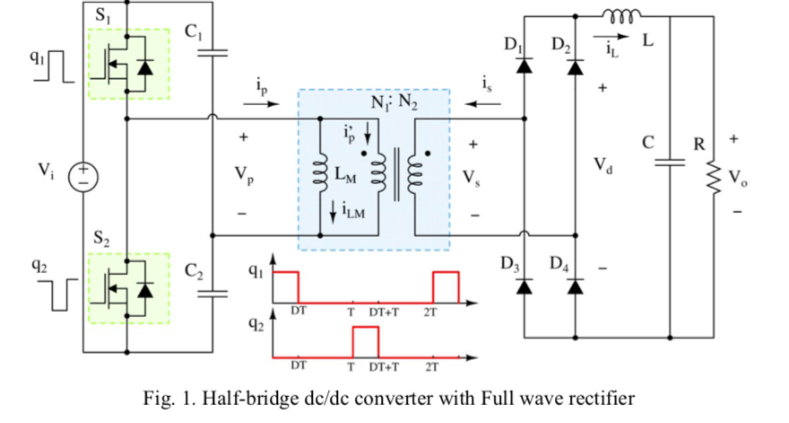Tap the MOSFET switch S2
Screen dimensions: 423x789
[127, 288]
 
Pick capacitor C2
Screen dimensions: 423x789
[213, 291]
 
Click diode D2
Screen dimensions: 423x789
[575, 64]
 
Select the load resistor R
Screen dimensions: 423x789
[714, 176]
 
